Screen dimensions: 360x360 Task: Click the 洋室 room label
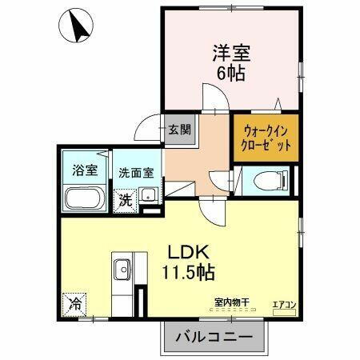pyautogui.click(x=231, y=54)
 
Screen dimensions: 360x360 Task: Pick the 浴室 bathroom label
pyautogui.click(x=86, y=170)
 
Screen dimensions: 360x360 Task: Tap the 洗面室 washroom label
pyautogui.click(x=137, y=172)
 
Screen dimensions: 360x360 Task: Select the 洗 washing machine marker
pyautogui.click(x=126, y=200)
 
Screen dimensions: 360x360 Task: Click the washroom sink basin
pyautogui.click(x=149, y=194)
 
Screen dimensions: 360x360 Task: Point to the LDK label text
pyautogui.click(x=188, y=250)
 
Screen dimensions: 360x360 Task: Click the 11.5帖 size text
pyautogui.click(x=189, y=272)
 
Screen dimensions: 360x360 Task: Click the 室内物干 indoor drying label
pyautogui.click(x=232, y=301)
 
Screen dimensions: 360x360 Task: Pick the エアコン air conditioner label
pyautogui.click(x=284, y=304)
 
